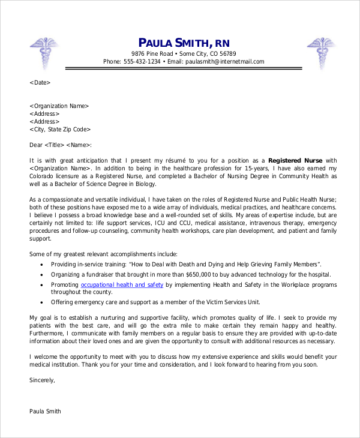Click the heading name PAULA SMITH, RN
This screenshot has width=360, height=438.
coord(184,42)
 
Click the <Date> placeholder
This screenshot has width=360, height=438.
coord(40,83)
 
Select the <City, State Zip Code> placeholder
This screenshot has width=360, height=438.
coord(60,129)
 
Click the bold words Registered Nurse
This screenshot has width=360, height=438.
coord(295,160)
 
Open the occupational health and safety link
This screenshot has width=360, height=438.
coord(122,284)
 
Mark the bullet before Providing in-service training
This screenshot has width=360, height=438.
coord(41,264)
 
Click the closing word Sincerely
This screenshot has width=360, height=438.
coord(42,380)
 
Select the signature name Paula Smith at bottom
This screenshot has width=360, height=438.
coord(45,412)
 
